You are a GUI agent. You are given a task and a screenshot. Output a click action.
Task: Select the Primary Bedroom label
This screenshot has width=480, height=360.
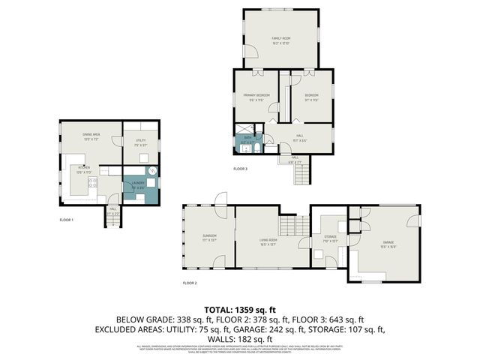click(x=256, y=97)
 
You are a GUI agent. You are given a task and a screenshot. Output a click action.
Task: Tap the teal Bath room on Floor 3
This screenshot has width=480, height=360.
click(x=247, y=139)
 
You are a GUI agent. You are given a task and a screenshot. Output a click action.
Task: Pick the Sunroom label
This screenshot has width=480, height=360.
click(x=209, y=238)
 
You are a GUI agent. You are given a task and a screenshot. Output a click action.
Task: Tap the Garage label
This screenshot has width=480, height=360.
click(x=388, y=244)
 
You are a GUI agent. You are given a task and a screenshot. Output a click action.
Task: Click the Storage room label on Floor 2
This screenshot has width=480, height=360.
click(x=330, y=238)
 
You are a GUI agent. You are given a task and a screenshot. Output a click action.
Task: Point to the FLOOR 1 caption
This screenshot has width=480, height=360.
click(x=67, y=220)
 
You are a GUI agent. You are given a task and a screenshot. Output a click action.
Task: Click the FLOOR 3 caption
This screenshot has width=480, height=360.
click(x=240, y=169)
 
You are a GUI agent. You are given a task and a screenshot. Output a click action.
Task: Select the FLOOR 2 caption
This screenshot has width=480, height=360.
click(x=190, y=283)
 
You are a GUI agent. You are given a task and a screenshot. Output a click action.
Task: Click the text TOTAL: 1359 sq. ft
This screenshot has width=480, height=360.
click(x=240, y=310)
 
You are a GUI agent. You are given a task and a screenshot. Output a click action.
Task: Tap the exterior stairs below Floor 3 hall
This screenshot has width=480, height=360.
click(x=301, y=175)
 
